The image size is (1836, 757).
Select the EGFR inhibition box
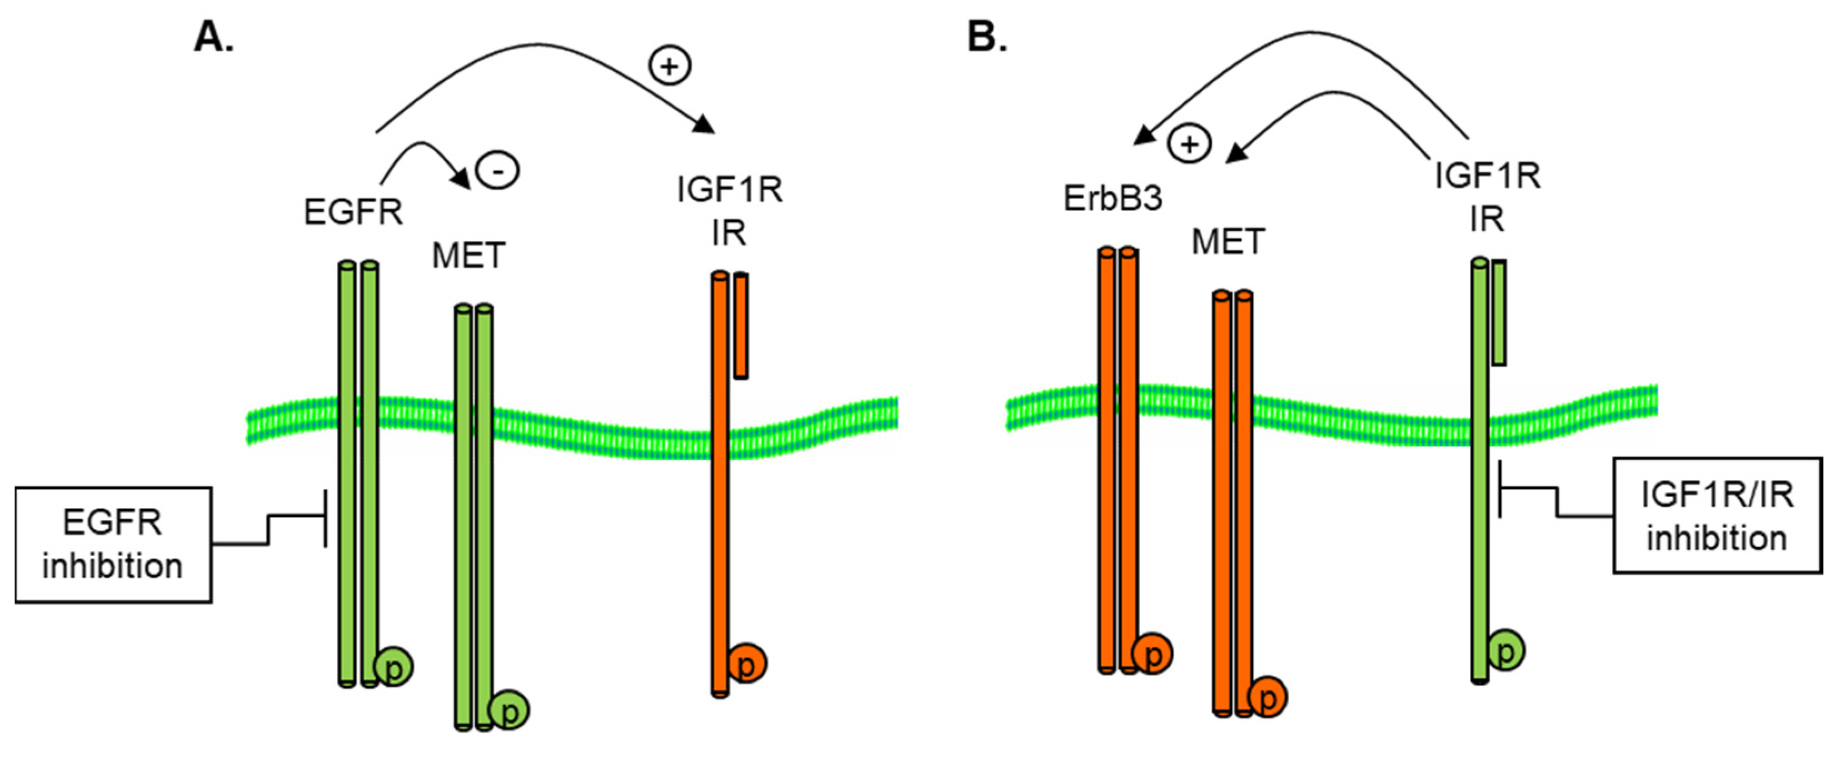(x=113, y=545)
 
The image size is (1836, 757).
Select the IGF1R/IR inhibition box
(x=1717, y=515)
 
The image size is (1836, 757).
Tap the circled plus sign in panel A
(x=669, y=66)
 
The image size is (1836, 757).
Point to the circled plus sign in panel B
(x=1189, y=145)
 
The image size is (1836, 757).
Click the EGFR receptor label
(x=353, y=212)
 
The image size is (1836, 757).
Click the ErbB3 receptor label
(x=1112, y=198)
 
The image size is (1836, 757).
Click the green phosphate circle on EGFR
(x=394, y=667)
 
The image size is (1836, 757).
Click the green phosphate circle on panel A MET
(x=510, y=710)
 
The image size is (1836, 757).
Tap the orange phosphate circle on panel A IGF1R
(x=746, y=663)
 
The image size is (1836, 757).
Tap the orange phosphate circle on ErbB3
(x=1152, y=653)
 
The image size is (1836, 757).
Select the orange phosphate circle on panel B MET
(x=1267, y=696)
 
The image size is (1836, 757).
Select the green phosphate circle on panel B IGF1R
(x=1506, y=649)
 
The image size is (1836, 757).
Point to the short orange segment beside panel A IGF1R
(x=741, y=326)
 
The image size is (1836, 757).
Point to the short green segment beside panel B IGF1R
(x=1499, y=312)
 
